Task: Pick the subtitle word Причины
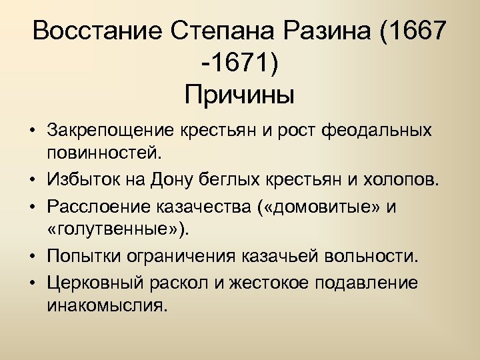coord(239,95)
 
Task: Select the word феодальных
coord(376,129)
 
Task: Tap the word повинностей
coord(104,154)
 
